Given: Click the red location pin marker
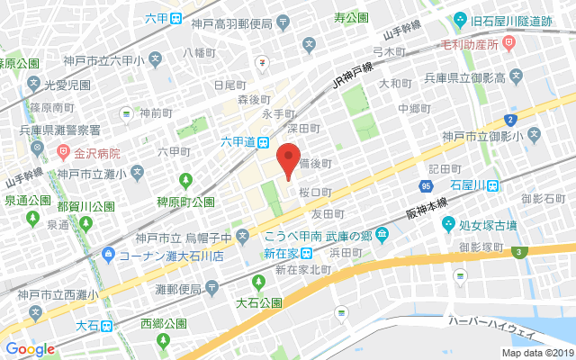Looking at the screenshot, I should [x=287, y=159].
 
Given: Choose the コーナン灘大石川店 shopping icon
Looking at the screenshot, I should [x=108, y=256].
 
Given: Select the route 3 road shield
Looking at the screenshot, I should [x=520, y=252].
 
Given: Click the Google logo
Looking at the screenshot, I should [x=31, y=348].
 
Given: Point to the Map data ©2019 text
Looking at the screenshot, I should [x=537, y=354].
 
